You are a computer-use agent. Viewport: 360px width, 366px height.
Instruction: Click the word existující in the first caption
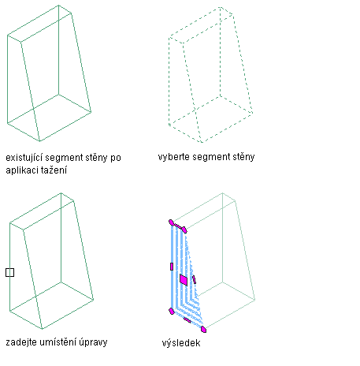pyautogui.click(x=23, y=158)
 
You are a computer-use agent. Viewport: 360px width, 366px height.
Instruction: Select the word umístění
pyautogui.click(x=57, y=342)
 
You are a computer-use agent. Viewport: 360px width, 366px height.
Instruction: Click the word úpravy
pyautogui.click(x=93, y=342)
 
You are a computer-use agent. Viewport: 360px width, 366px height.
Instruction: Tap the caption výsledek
pyautogui.click(x=181, y=343)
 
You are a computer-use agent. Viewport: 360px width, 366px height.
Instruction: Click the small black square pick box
pyautogui.click(x=9, y=273)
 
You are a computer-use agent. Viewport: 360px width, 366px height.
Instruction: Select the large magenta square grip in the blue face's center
pyautogui.click(x=184, y=279)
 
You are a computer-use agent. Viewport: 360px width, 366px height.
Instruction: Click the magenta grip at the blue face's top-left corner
pyautogui.click(x=171, y=222)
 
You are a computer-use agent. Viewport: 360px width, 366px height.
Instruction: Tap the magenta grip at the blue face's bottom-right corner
pyautogui.click(x=203, y=329)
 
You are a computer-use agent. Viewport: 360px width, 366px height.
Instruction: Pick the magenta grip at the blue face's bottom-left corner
pyautogui.click(x=172, y=312)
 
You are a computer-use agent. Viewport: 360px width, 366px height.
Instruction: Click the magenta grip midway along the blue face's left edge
pyautogui.click(x=172, y=267)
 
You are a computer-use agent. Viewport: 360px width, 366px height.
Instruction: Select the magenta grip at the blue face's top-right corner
pyautogui.click(x=184, y=230)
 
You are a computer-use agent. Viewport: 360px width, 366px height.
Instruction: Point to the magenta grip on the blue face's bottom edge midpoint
pyautogui.click(x=187, y=320)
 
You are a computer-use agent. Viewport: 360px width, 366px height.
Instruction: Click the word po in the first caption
pyautogui.click(x=116, y=159)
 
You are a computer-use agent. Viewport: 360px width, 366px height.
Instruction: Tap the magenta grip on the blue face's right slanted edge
pyautogui.click(x=194, y=279)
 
